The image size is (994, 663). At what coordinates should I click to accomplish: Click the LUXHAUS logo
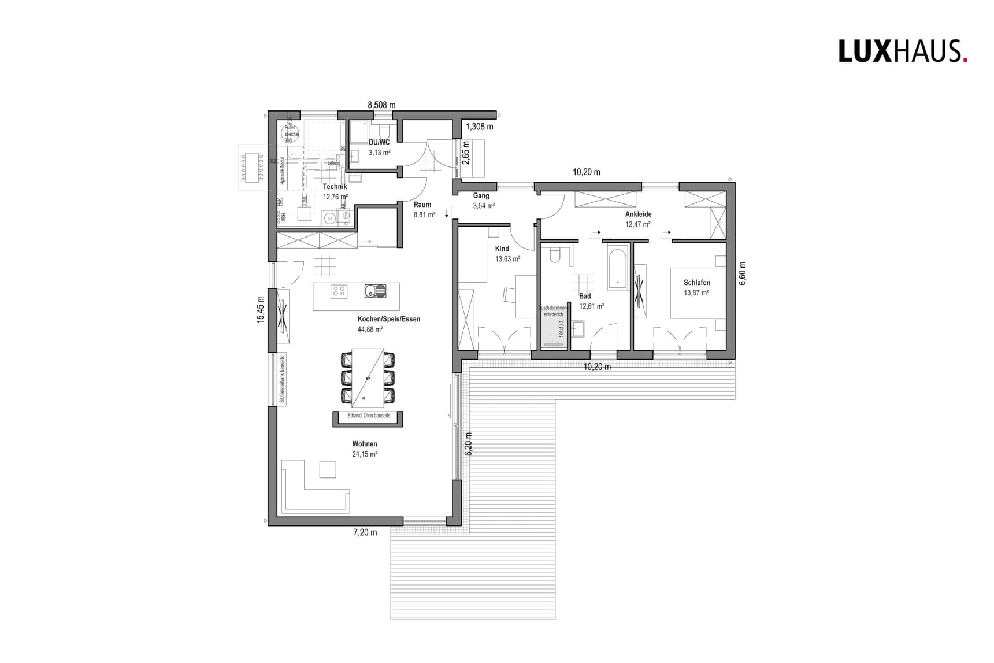point(903,51)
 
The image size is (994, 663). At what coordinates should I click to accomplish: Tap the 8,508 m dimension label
point(381,105)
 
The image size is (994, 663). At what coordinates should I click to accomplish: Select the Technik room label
point(335,187)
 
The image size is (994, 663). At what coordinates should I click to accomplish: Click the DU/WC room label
point(379,142)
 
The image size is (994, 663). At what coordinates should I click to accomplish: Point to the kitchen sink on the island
point(375,291)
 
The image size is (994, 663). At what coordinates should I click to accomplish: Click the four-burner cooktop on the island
point(339,291)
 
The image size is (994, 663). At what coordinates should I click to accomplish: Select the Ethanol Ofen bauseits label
point(369,416)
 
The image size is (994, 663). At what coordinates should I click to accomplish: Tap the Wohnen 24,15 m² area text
point(365,454)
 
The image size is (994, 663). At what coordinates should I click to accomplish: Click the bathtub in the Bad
point(617,268)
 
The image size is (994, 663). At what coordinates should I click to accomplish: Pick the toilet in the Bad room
point(555,255)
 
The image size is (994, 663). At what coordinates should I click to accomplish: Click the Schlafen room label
point(696,283)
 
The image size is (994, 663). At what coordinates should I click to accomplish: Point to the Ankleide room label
point(638,214)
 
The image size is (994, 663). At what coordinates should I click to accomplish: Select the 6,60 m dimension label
point(743,273)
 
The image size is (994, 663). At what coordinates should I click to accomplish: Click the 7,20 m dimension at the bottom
point(365,532)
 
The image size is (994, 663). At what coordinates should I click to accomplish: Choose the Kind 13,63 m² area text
point(507,259)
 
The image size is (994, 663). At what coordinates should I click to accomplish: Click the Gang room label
point(481,195)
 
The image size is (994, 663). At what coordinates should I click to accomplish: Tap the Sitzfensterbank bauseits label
point(283,379)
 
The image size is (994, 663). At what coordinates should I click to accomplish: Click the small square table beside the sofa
point(328,469)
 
